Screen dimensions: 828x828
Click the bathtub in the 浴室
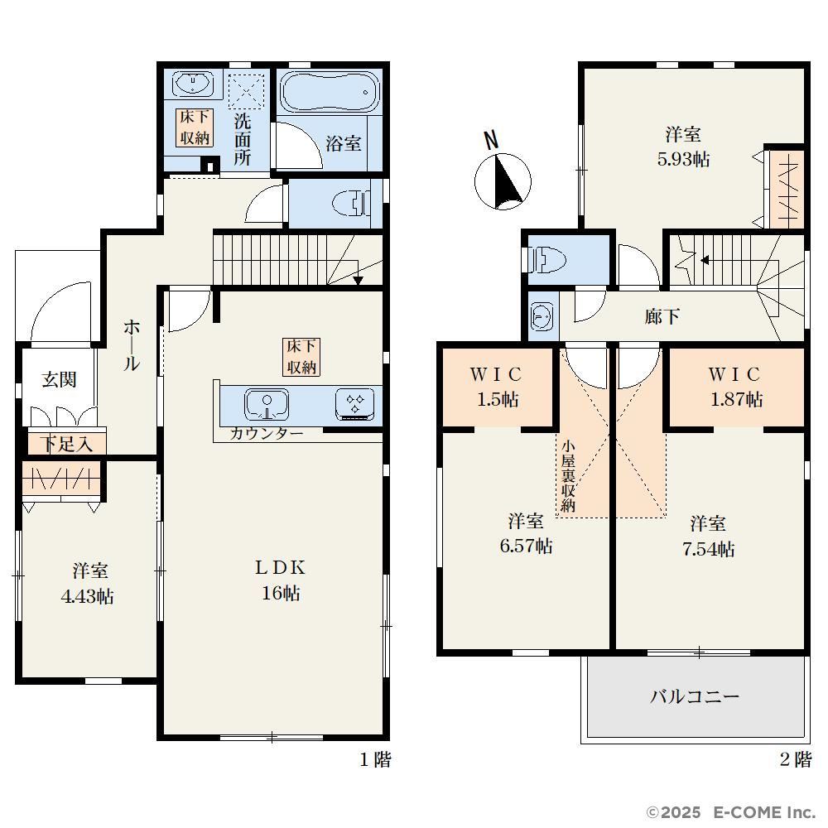click(329, 92)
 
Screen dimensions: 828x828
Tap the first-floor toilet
click(351, 204)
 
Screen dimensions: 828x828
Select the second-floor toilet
click(547, 260)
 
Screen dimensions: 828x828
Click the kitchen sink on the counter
click(266, 405)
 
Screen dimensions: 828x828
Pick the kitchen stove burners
click(355, 405)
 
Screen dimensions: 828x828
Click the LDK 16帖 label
click(281, 580)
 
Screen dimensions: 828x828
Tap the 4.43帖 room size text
click(88, 596)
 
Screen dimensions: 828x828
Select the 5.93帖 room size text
click(683, 159)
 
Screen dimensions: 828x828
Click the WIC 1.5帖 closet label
click(496, 387)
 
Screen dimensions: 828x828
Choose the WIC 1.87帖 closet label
click(735, 387)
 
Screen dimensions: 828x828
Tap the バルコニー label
click(695, 696)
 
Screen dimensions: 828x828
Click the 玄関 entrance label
click(59, 379)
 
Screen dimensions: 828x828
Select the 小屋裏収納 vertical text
click(568, 475)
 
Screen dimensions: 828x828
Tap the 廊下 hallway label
click(662, 316)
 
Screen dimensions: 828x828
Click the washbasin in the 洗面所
click(194, 84)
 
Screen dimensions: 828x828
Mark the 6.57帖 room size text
click(526, 546)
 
